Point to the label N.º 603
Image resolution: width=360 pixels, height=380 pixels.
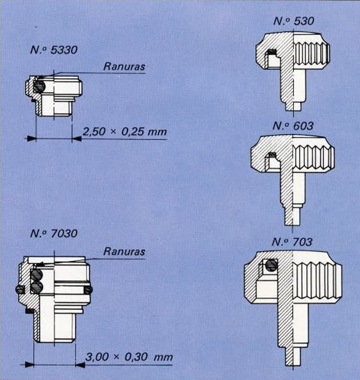coord(292,124)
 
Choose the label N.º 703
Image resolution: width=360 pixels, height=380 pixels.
coord(292,241)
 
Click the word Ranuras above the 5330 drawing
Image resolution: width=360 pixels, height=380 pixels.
coord(122,64)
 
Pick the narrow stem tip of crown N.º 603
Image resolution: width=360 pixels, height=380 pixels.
coord(292,216)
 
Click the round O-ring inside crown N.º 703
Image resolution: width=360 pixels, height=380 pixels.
coord(271,266)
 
